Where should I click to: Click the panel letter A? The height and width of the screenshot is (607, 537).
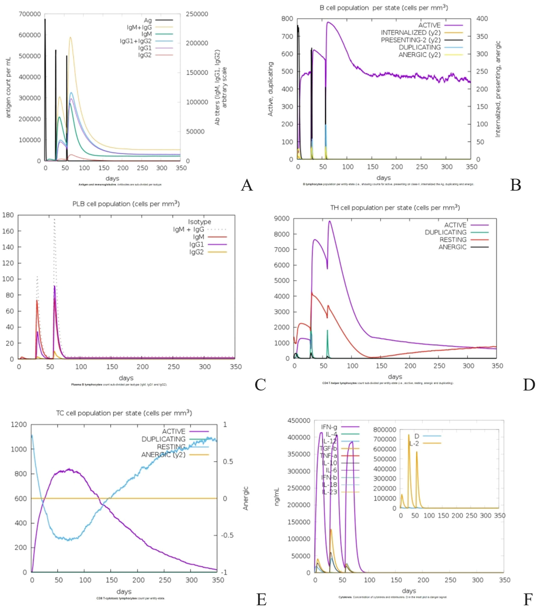(x=247, y=185)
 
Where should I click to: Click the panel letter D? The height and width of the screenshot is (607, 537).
(x=529, y=385)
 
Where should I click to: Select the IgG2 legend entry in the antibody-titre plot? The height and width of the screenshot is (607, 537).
(x=145, y=55)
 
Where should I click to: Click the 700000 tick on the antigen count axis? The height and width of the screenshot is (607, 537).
(x=30, y=14)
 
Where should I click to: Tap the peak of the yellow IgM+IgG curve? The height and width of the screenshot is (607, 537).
(x=70, y=37)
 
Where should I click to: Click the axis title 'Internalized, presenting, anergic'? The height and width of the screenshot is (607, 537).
(x=498, y=89)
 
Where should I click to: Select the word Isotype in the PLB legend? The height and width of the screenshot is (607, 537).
(x=199, y=222)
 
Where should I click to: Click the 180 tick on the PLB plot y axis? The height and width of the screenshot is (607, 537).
(x=8, y=215)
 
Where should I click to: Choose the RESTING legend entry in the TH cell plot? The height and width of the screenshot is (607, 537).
(x=453, y=240)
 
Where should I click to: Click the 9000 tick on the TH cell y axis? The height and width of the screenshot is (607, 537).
(x=282, y=219)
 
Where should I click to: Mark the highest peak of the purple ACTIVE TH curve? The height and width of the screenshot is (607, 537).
(x=329, y=221)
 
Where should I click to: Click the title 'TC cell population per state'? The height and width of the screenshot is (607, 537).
(x=124, y=413)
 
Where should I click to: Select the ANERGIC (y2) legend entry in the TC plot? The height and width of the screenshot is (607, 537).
(x=163, y=455)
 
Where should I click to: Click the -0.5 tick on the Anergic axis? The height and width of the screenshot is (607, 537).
(x=227, y=535)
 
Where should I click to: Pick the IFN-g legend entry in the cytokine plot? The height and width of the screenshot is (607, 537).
(x=329, y=427)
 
